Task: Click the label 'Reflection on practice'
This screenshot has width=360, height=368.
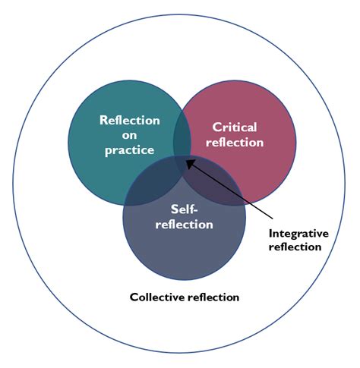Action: click(128, 135)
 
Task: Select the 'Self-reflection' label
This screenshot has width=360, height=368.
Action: click(185, 217)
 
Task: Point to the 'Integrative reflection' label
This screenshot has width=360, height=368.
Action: click(299, 240)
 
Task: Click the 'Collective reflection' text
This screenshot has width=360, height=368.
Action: click(185, 297)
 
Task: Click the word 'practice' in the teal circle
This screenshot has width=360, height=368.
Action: click(128, 150)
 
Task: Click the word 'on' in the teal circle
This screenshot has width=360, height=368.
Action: click(128, 135)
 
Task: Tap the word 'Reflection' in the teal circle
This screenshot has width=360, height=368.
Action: click(128, 121)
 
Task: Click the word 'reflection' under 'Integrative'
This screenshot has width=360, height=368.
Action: click(299, 247)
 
